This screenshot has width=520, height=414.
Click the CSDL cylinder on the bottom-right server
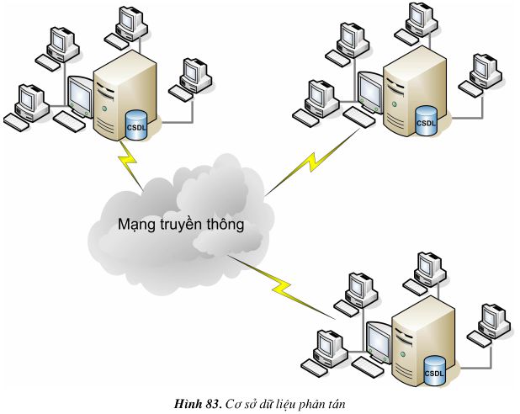tap(434, 369)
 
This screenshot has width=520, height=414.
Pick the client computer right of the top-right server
tap(484, 71)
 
